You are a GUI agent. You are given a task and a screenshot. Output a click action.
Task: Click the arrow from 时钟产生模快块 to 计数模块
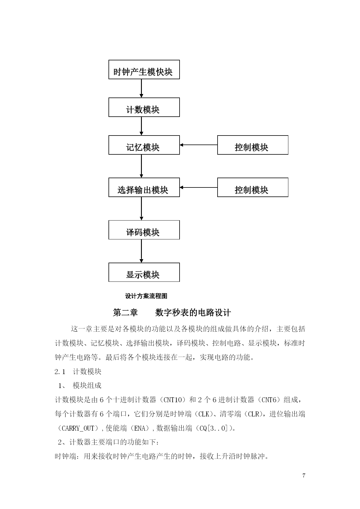[x=142, y=88]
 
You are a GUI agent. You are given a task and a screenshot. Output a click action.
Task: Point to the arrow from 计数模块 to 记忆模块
[x=142, y=126]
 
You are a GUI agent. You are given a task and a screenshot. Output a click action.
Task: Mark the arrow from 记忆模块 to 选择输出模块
[x=142, y=166]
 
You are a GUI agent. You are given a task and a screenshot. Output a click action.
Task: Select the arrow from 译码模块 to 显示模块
[x=142, y=251]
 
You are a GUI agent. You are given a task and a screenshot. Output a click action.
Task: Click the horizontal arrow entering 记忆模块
[x=198, y=145]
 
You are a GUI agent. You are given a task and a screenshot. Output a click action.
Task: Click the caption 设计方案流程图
[x=146, y=296]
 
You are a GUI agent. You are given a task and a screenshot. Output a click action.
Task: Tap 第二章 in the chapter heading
[x=125, y=313]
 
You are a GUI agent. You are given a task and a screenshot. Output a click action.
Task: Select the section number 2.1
[x=60, y=372]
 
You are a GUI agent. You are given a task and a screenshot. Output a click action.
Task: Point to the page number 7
[x=304, y=475]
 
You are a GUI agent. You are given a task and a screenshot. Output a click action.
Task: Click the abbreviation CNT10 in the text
[x=173, y=400]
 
